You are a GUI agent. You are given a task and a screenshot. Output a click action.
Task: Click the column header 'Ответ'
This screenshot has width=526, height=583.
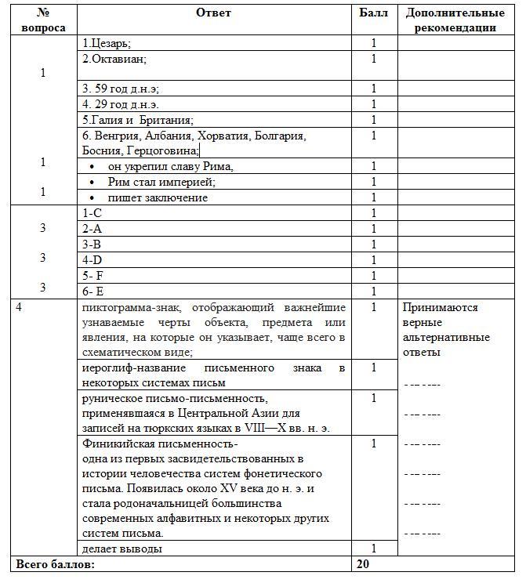pyautogui.click(x=214, y=13)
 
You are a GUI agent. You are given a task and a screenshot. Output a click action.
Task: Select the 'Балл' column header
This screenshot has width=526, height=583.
pyautogui.click(x=373, y=13)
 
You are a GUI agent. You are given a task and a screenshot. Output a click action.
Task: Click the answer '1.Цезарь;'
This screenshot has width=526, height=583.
pyautogui.click(x=107, y=44)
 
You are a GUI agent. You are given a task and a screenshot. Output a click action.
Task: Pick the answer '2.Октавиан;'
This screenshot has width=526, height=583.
pyautogui.click(x=114, y=59)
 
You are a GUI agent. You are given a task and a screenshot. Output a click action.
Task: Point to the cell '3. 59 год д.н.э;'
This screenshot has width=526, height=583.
pyautogui.click(x=121, y=89)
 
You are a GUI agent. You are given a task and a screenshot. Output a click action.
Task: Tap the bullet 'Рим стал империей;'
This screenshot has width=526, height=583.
pyautogui.click(x=161, y=182)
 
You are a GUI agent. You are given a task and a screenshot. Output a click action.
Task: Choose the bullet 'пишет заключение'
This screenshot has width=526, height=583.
pyautogui.click(x=158, y=197)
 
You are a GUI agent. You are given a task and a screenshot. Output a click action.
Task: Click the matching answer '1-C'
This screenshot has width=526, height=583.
pyautogui.click(x=92, y=213)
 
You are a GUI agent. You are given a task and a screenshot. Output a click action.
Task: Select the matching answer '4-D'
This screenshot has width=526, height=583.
pyautogui.click(x=92, y=260)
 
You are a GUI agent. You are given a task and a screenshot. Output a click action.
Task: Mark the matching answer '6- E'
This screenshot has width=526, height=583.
pyautogui.click(x=93, y=291)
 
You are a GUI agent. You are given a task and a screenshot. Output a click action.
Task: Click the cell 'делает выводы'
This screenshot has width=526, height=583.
pyautogui.click(x=122, y=549)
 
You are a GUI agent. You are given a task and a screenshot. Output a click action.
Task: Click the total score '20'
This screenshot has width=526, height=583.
pyautogui.click(x=363, y=564)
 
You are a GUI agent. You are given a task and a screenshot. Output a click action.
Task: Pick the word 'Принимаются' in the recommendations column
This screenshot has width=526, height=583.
pyautogui.click(x=440, y=308)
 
